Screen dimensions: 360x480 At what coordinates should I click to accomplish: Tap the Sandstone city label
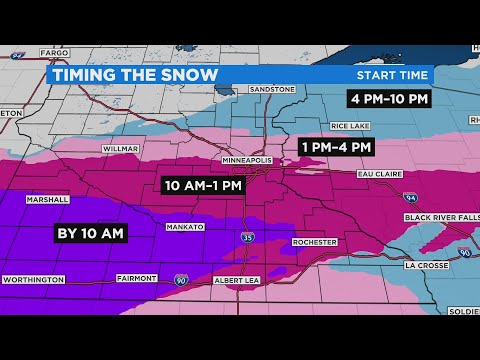coord(272,89)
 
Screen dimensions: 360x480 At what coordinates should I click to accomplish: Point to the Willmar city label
coord(119,149)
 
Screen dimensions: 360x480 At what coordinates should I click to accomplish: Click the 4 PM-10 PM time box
coord(390,98)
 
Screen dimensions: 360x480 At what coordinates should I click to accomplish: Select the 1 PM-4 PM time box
coord(337,147)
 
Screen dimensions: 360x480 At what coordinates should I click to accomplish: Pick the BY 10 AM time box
coord(90,233)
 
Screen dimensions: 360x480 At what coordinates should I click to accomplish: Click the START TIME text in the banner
coord(392,75)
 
